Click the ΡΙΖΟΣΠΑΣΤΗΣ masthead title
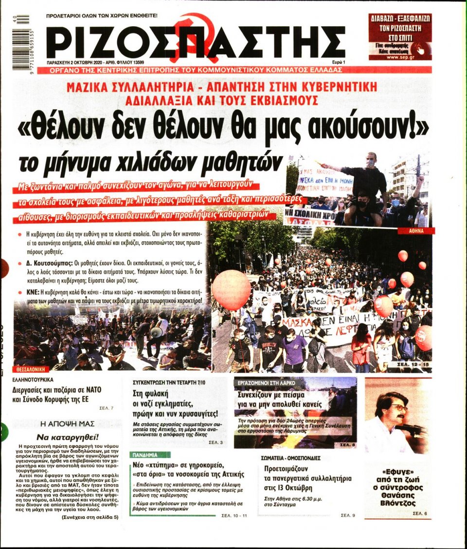click(x=195, y=42)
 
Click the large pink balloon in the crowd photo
click(x=231, y=290)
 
